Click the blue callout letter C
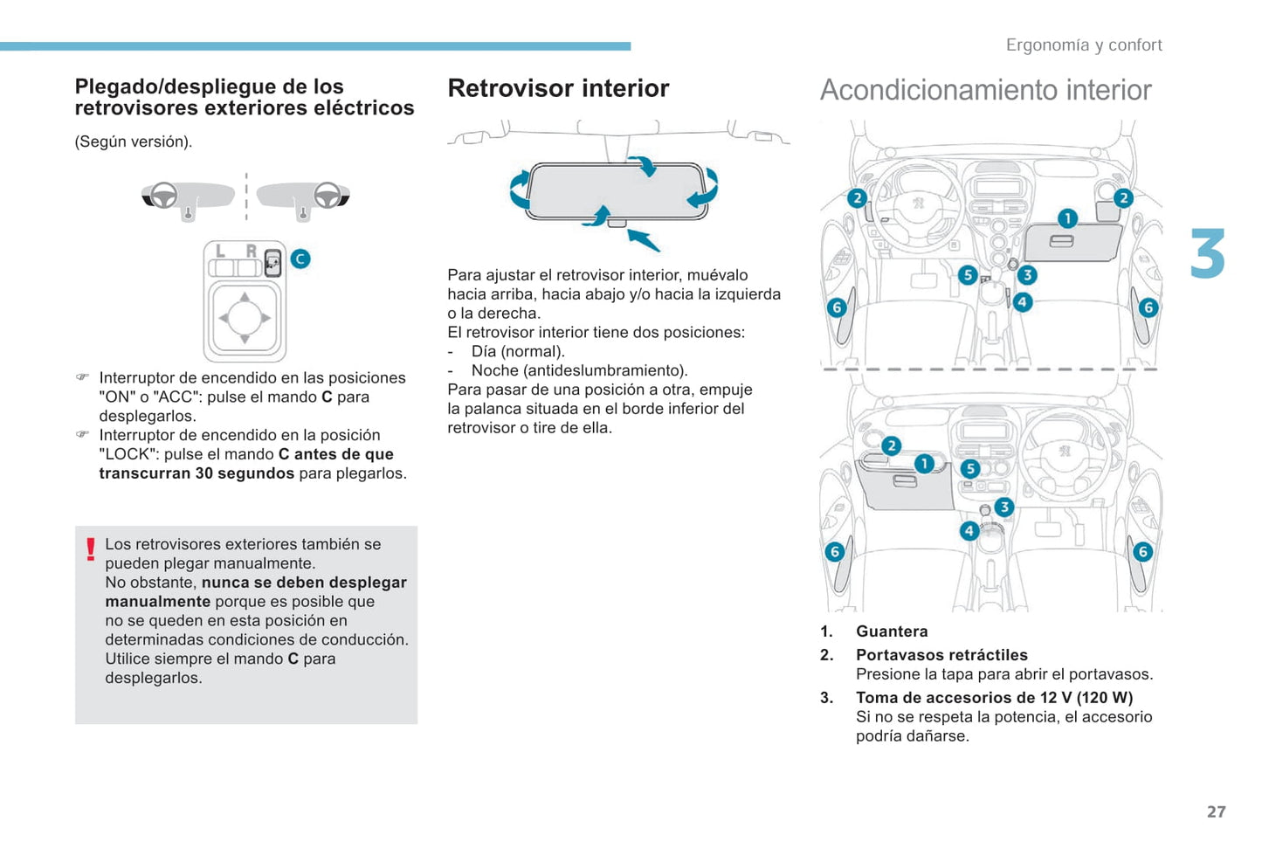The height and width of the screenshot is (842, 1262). (x=300, y=259)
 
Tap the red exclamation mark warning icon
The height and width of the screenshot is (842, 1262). (x=90, y=549)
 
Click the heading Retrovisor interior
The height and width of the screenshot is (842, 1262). (x=558, y=88)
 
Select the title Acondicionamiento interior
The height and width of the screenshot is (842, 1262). (x=985, y=90)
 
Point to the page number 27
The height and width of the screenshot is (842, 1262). (x=1216, y=811)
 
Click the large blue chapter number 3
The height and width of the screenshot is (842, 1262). (x=1208, y=254)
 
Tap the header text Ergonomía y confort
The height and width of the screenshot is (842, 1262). (x=1083, y=45)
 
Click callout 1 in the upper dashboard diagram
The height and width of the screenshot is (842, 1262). (x=1067, y=218)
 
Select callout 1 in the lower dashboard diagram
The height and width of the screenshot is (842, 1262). (x=924, y=464)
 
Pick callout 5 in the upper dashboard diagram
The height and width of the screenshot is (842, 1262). (x=967, y=275)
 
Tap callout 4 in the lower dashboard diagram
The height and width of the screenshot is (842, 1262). (x=969, y=531)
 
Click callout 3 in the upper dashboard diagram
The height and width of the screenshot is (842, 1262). (x=1027, y=275)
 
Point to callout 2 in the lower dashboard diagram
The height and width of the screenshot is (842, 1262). (x=891, y=445)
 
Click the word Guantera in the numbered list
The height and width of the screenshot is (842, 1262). (x=892, y=631)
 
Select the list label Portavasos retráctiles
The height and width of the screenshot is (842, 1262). (x=941, y=655)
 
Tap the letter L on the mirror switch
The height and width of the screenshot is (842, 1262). (x=220, y=252)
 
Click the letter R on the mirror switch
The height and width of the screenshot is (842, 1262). (x=251, y=252)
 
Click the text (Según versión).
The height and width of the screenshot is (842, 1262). (x=133, y=141)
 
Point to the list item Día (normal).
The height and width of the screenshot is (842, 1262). (x=518, y=351)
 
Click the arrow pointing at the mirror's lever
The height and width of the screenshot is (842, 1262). (x=645, y=238)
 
